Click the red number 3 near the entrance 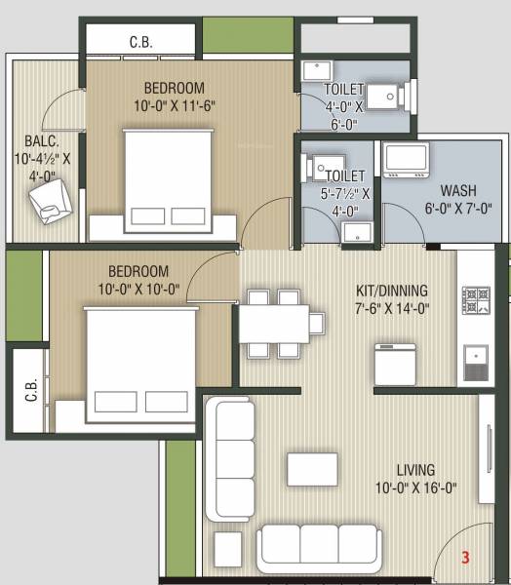[466, 558]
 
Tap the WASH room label [458, 190]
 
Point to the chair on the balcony [49, 201]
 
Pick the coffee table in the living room [312, 469]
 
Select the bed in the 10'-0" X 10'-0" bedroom [130, 358]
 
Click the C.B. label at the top [140, 42]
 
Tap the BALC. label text [30, 140]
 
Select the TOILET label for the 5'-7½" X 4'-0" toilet [346, 175]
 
